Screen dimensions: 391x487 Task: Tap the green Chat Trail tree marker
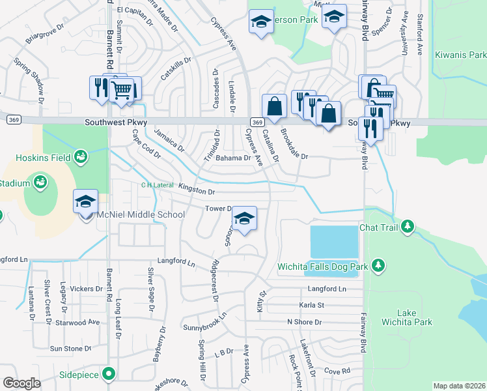pyautogui.click(x=408, y=226)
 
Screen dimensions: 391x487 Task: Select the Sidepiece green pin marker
pyautogui.click(x=108, y=374)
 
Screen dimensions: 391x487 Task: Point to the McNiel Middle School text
pyautogui.click(x=141, y=214)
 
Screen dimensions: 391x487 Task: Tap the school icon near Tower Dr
pyautogui.click(x=244, y=218)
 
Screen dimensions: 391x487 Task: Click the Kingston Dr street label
pyautogui.click(x=196, y=190)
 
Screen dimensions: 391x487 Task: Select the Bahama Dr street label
pyautogui.click(x=233, y=158)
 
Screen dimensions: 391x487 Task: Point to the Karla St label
pyautogui.click(x=311, y=305)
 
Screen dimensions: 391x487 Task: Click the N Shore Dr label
pyautogui.click(x=305, y=322)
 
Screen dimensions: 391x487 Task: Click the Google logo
pyautogui.click(x=21, y=383)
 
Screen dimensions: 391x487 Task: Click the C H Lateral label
pyautogui.click(x=157, y=185)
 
